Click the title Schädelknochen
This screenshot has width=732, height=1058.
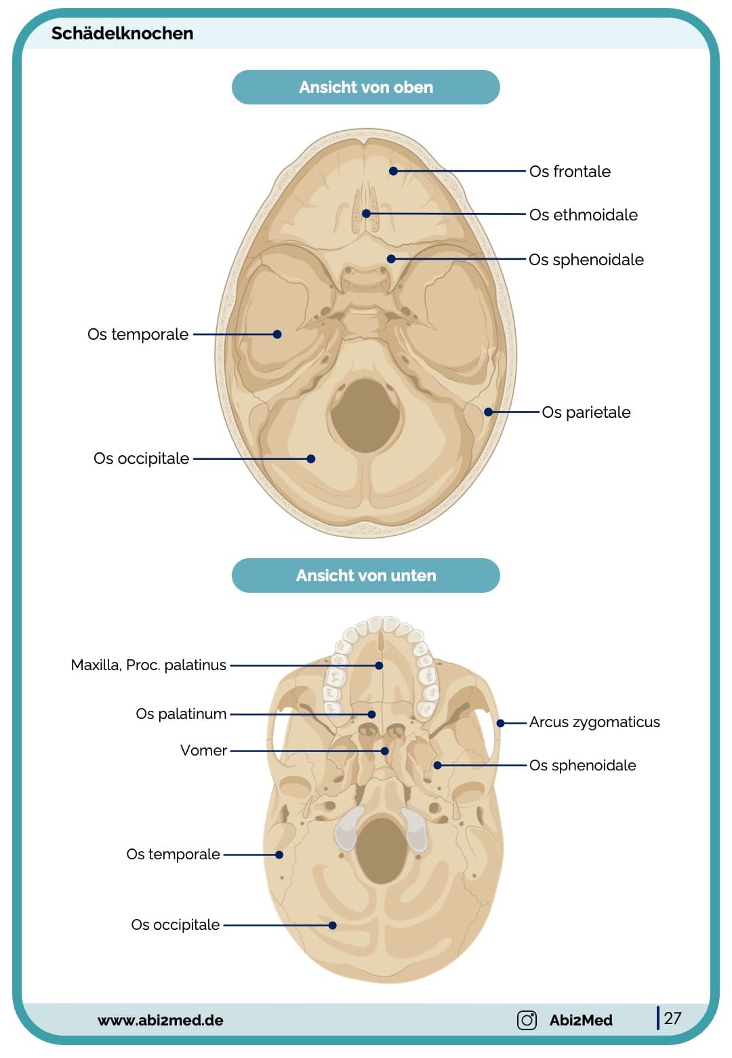coord(122,33)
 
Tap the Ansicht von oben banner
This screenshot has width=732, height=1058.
coord(365,87)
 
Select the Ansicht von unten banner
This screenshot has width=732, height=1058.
coord(365,576)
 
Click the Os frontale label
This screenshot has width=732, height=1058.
coord(569,172)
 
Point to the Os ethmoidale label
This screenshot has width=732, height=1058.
coord(583,215)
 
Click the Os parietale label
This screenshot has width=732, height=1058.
coord(586,412)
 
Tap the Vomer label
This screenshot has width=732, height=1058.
coord(203,751)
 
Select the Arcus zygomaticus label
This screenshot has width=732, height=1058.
coord(594,722)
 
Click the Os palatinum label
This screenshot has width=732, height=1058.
coord(181,714)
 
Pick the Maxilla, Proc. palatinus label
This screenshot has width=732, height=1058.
coord(148,665)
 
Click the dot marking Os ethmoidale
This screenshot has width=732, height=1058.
coord(366,214)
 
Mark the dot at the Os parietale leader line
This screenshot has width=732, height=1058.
coord(488,412)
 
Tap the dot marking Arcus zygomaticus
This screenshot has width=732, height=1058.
coord(500,723)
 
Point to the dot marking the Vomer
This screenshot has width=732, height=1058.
coord(384,751)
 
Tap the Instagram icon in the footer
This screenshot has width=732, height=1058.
coord(527,1020)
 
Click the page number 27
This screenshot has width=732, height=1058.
coord(672,1018)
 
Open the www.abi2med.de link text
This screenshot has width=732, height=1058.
coord(160,1021)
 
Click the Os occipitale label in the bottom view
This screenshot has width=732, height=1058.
coord(175,925)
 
